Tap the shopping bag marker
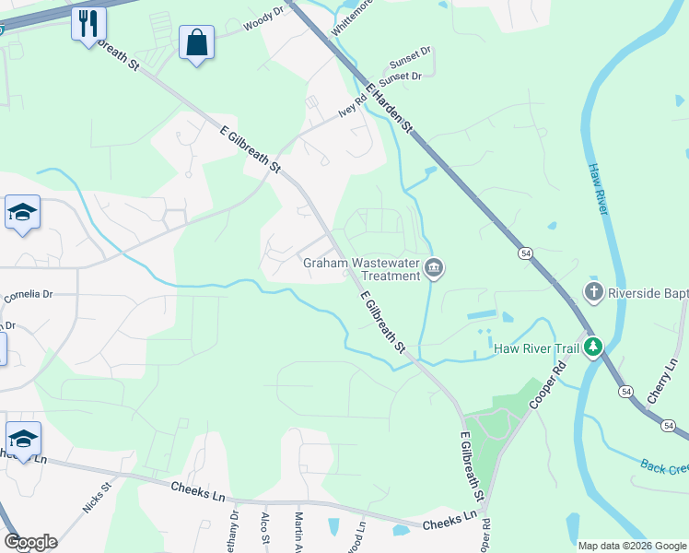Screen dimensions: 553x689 197,42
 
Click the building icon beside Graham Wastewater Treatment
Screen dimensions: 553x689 434,269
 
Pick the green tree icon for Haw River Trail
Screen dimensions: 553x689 594,347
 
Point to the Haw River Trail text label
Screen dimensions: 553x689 536,348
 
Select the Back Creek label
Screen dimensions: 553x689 664,467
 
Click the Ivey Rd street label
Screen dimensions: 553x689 353,106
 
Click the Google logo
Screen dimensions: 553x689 30,542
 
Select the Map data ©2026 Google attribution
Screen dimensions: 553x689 631,546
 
